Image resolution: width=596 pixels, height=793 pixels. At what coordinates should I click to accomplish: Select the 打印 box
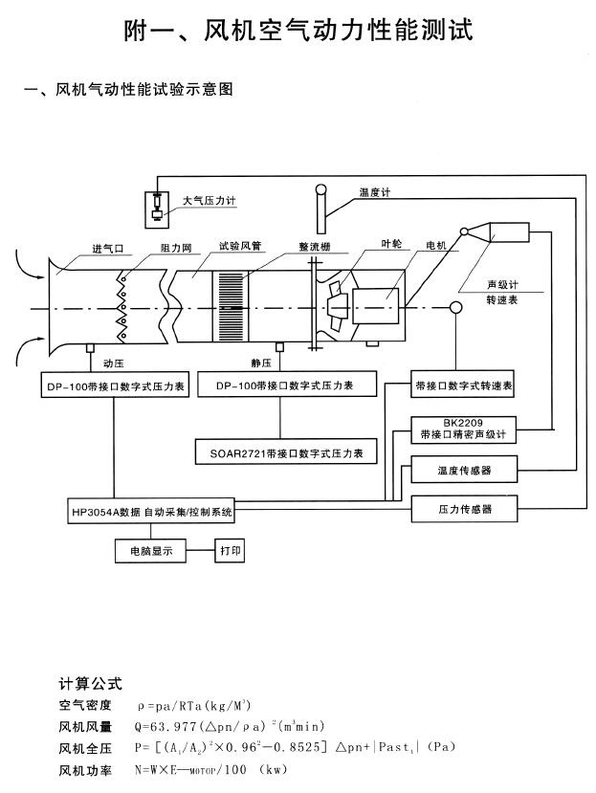point(229,552)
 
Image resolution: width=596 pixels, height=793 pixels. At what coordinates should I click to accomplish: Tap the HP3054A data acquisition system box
point(151,512)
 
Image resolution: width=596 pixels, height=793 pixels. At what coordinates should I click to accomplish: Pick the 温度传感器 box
point(464,471)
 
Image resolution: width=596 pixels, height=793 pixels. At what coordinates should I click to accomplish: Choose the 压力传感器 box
point(464,510)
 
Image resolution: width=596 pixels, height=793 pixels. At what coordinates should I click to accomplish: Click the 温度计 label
point(375,192)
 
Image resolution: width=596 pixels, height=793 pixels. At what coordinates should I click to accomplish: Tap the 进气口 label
point(108,249)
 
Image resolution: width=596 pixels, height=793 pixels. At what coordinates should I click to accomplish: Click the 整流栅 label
point(315,246)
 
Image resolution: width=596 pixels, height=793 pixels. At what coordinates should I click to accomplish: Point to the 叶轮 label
point(391,243)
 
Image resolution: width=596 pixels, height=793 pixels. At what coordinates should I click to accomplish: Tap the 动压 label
point(111,363)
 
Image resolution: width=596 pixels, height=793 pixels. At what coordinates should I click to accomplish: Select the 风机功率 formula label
point(85,768)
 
